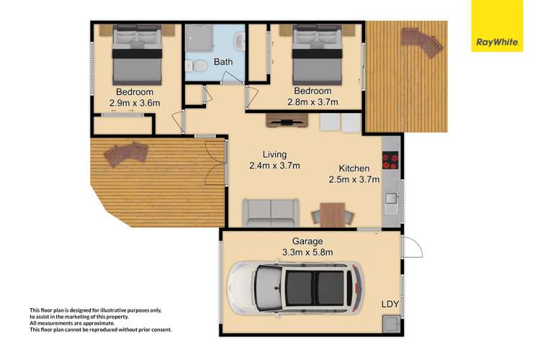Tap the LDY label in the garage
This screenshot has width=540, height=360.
coord(390,305)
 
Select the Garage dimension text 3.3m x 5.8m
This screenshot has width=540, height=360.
coord(307,252)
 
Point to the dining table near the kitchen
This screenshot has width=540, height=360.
coord(333,214)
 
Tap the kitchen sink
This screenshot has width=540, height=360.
coord(391,198)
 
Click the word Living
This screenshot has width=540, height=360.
coord(274,154)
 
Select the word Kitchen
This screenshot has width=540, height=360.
coord(354,168)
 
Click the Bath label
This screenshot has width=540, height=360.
coord(223,63)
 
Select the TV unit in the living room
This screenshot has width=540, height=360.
coord(287,120)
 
